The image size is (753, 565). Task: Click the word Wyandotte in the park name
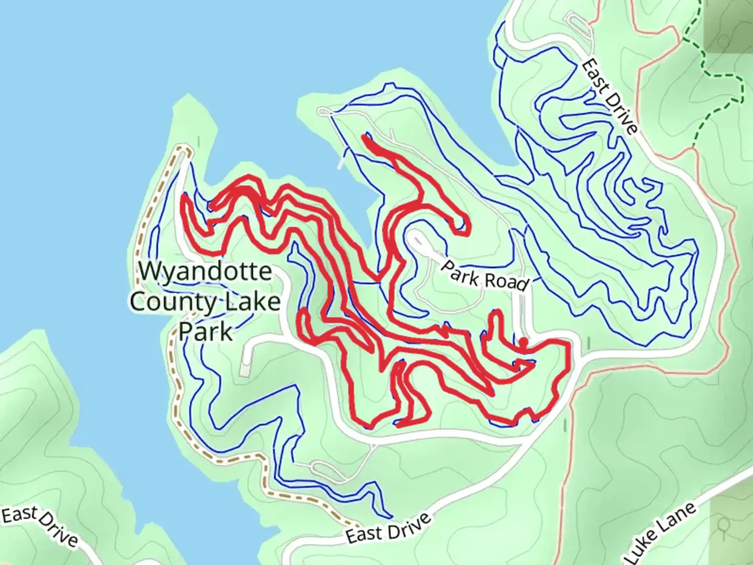205,272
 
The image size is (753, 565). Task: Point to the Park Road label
484,275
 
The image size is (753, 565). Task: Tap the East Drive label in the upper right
610,96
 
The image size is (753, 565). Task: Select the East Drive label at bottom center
389,529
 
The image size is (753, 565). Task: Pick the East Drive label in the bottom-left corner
40,526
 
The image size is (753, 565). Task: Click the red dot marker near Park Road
522,342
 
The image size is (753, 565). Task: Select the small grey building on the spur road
244,369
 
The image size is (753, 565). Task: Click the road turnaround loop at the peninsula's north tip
325,111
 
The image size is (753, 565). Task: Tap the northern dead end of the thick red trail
365,138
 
